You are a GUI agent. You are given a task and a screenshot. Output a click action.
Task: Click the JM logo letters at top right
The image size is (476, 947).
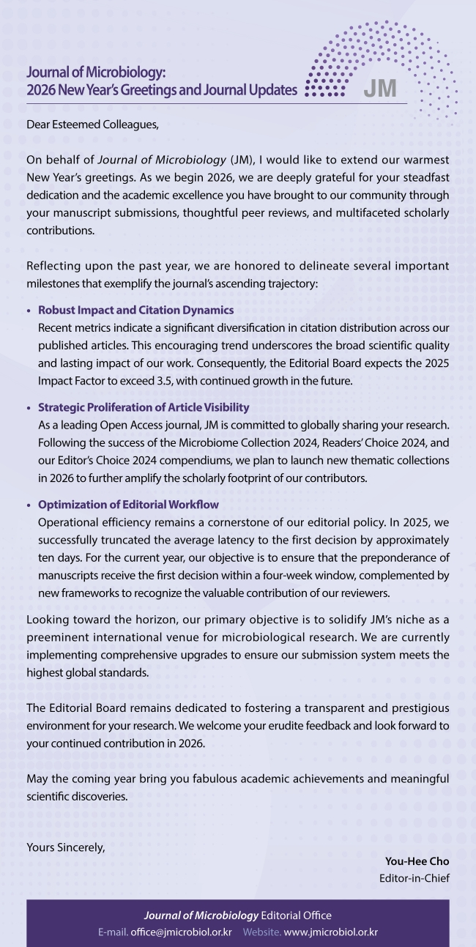(x=380, y=89)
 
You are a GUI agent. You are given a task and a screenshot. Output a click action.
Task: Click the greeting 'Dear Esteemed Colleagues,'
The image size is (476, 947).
(x=92, y=124)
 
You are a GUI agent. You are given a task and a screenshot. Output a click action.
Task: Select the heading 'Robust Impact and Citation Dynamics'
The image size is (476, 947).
(x=135, y=310)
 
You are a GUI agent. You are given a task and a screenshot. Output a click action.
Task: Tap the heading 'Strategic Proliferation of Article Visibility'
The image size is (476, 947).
(x=144, y=407)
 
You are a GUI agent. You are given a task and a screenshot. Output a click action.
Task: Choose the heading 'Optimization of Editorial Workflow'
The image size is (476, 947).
(x=128, y=505)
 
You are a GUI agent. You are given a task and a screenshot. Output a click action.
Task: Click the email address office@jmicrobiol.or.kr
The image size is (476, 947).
(x=182, y=932)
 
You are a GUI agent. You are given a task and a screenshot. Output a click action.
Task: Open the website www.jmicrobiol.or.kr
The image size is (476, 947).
(x=330, y=932)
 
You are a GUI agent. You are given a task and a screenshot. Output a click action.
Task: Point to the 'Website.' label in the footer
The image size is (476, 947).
(x=261, y=932)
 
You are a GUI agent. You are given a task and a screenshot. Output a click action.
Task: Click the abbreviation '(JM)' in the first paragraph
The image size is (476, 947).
(x=242, y=159)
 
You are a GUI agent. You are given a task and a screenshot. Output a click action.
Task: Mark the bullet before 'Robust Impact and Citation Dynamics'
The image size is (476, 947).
(x=29, y=311)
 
